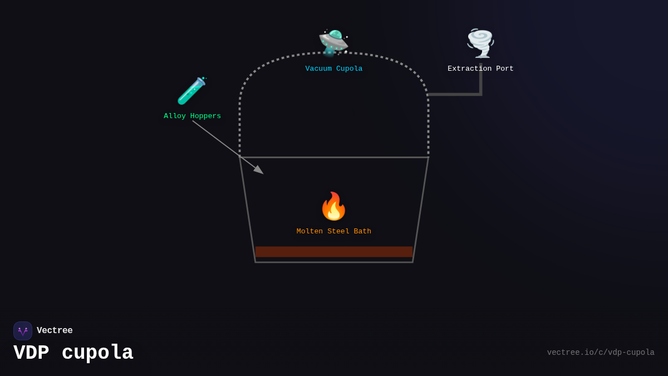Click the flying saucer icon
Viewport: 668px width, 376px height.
tap(333, 43)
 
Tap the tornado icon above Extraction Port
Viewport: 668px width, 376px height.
tap(480, 43)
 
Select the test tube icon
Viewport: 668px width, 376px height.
tap(192, 91)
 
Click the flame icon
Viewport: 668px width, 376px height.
tap(333, 206)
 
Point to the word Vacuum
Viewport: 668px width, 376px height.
tap(318, 69)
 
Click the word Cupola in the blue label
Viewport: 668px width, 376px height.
tap(349, 69)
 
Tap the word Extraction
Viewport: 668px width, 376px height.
tap(469, 69)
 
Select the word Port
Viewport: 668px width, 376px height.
tap(504, 69)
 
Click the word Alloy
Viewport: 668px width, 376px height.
tap(175, 116)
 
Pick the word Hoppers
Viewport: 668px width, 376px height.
tap(205, 116)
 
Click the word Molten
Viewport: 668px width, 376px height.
tap(310, 231)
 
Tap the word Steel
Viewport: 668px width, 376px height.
tap(338, 231)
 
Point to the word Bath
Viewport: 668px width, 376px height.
tap(362, 231)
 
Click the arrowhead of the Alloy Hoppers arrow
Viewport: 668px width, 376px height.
tap(259, 170)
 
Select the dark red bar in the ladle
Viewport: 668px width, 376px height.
tap(334, 252)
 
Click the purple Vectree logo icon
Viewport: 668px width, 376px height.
tap(23, 331)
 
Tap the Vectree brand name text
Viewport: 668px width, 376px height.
tap(55, 330)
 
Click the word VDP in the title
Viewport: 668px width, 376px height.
tap(31, 353)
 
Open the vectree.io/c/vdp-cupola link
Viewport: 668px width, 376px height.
tap(601, 353)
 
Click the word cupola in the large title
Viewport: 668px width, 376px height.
tap(97, 353)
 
